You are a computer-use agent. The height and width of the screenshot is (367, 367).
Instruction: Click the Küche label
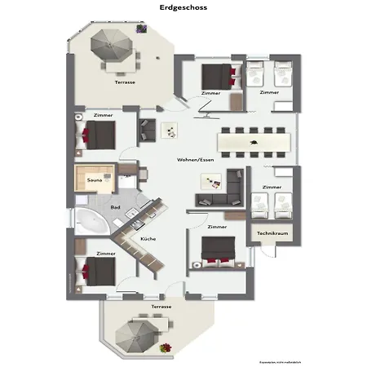coord(148,239)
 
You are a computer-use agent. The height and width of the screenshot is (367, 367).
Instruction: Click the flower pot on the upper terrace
coord(141,29)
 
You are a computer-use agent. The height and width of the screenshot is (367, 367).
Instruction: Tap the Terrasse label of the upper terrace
coord(125,82)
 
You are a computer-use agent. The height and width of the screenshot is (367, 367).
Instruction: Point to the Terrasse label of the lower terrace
coord(161,306)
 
